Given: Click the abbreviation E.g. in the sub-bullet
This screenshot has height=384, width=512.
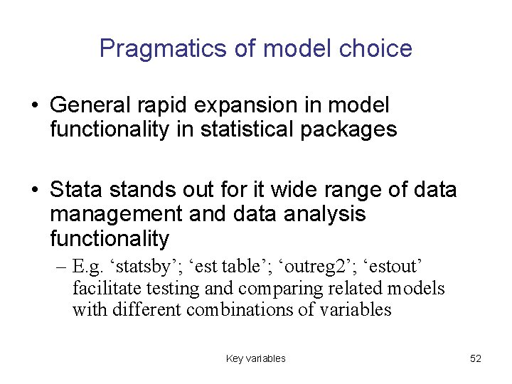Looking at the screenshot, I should click(x=88, y=267).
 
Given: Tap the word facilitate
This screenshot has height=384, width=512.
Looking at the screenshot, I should click(x=100, y=289).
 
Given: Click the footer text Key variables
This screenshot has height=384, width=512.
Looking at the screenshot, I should click(x=255, y=358).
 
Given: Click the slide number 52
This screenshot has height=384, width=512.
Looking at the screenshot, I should click(x=476, y=358).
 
